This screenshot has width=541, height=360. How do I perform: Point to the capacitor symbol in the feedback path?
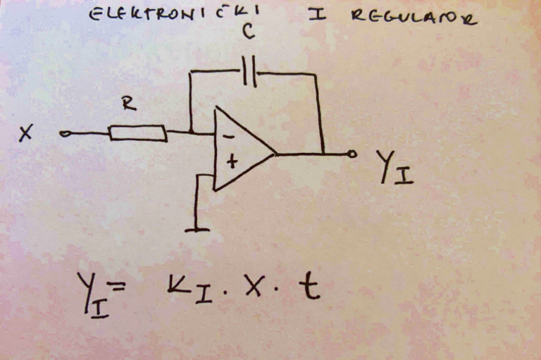pyautogui.click(x=249, y=71)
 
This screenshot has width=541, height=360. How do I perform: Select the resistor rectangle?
pyautogui.click(x=138, y=132)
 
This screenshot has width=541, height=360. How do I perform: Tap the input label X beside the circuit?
pyautogui.click(x=26, y=133)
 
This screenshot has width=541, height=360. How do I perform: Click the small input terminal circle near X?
pyautogui.click(x=65, y=132)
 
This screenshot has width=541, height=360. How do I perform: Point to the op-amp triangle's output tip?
pyautogui.click(x=275, y=153)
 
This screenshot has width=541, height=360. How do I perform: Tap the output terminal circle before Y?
pyautogui.click(x=352, y=153)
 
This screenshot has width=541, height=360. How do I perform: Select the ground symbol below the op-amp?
pyautogui.click(x=197, y=228)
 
